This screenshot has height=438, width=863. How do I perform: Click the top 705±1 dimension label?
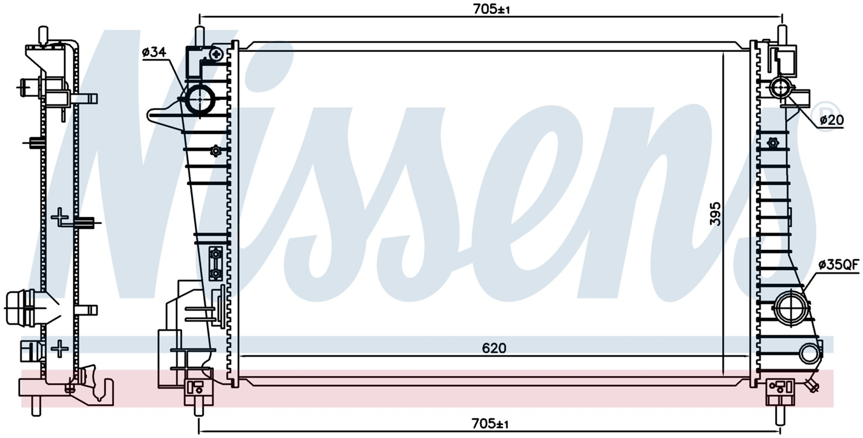tap(491, 9)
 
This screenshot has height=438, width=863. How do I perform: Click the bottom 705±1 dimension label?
tap(490, 424)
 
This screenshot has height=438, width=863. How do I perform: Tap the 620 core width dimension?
tap(494, 348)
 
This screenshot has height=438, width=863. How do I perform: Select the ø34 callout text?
tap(154, 52)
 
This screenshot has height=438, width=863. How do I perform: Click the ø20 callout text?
tap(831, 120)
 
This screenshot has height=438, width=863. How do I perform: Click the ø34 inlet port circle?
tap(200, 99)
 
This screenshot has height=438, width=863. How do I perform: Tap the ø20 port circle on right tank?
tap(780, 88)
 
